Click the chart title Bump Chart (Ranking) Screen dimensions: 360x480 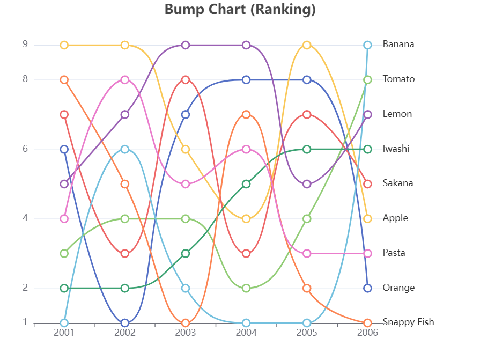(240, 10)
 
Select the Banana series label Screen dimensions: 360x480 (398, 45)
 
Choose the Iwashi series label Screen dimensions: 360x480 (396, 149)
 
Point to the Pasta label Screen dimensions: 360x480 (394, 253)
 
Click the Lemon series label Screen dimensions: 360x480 (397, 114)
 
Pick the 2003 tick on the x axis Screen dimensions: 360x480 (186, 333)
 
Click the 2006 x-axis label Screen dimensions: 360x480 (367, 333)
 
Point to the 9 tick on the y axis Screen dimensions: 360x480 (25, 45)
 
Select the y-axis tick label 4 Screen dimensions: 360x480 (25, 218)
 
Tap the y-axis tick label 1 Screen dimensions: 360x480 (25, 322)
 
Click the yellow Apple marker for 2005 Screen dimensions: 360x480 (307, 45)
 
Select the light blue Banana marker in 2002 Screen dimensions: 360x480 (125, 149)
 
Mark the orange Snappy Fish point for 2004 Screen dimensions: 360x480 (246, 114)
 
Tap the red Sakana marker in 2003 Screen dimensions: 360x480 (186, 80)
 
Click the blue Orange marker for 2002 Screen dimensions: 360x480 (125, 323)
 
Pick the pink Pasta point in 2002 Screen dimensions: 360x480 (125, 80)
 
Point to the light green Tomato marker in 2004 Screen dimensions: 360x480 (246, 288)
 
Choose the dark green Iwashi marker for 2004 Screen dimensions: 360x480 (246, 184)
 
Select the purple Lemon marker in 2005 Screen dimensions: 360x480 (307, 184)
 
